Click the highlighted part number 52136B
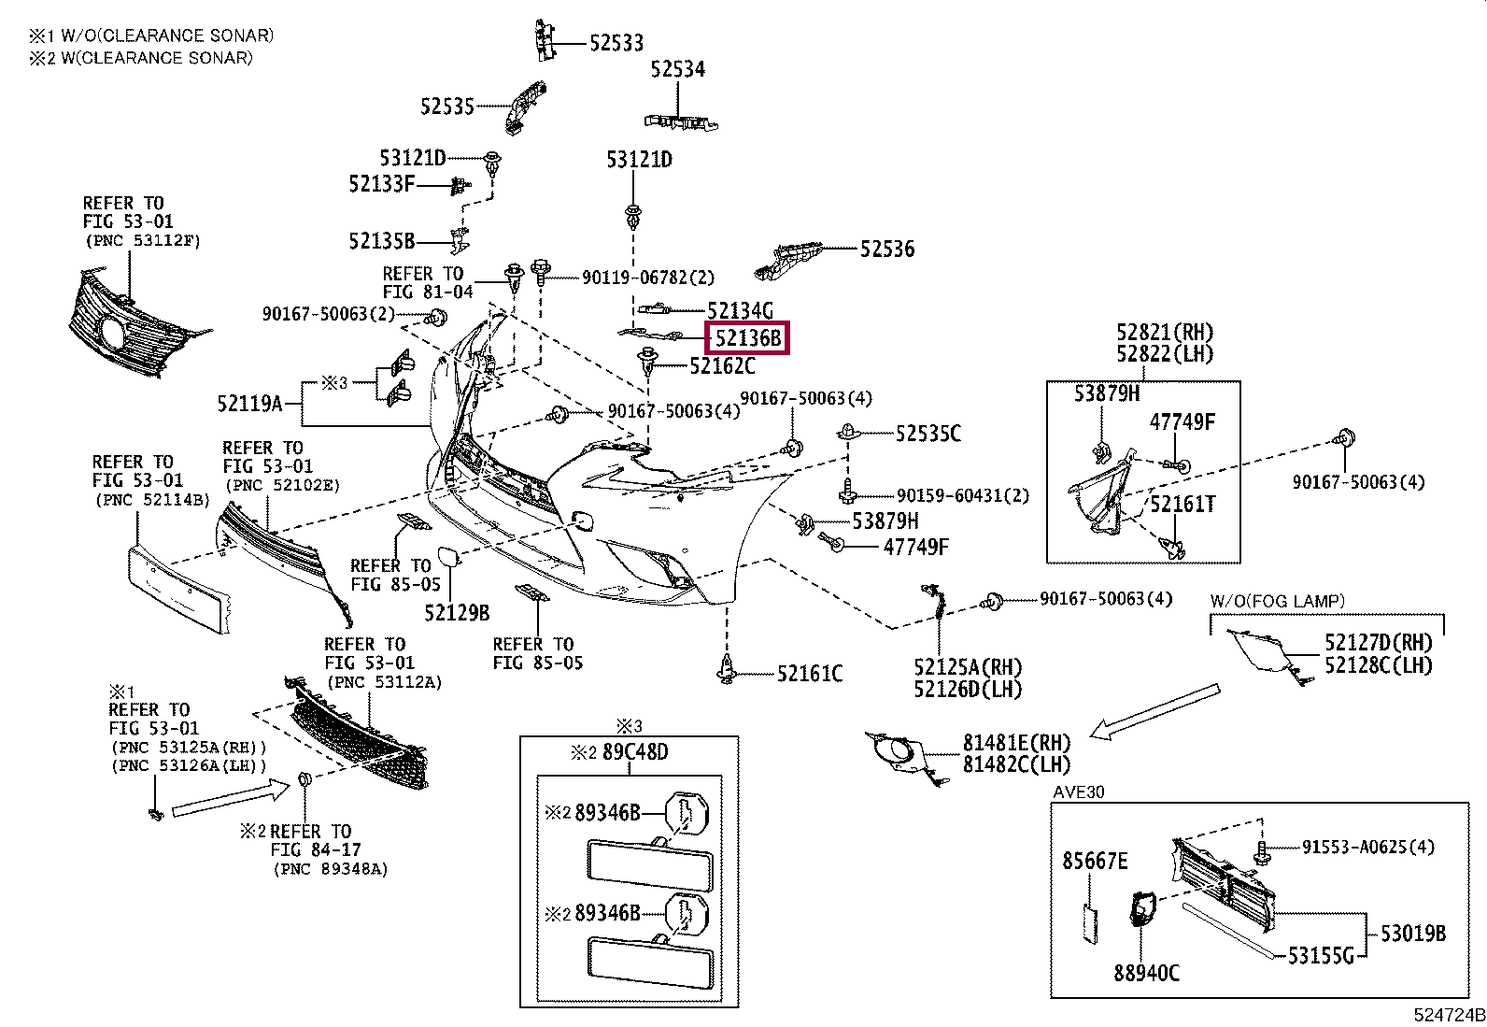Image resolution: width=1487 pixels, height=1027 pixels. click(x=747, y=338)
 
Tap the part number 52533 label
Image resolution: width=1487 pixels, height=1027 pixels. click(x=616, y=43)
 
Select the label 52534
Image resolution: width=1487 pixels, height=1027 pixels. click(x=677, y=69)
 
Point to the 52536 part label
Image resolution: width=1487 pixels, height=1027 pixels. click(x=887, y=250)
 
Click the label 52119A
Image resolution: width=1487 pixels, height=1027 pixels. click(x=249, y=403)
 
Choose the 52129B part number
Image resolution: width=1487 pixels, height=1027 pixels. click(x=457, y=612)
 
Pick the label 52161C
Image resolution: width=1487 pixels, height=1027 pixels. click(x=810, y=674)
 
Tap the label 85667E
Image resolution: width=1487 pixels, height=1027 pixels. click(x=1095, y=861)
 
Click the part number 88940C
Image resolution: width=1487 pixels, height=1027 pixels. click(x=1146, y=973)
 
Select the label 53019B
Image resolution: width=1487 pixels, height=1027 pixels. click(x=1412, y=934)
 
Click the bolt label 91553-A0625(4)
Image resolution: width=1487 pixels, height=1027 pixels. click(x=1367, y=847)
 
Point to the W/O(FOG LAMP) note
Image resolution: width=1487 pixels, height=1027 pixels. click(x=1277, y=601)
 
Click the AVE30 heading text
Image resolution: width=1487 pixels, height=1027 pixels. click(x=1078, y=792)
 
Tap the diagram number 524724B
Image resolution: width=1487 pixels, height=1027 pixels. click(x=1449, y=1015)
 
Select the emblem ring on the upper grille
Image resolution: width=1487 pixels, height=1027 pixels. click(x=112, y=332)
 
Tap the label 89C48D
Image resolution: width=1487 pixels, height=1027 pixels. click(x=635, y=752)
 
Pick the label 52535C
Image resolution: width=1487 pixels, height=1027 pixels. click(x=928, y=434)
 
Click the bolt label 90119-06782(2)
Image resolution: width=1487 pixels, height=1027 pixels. click(x=648, y=277)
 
